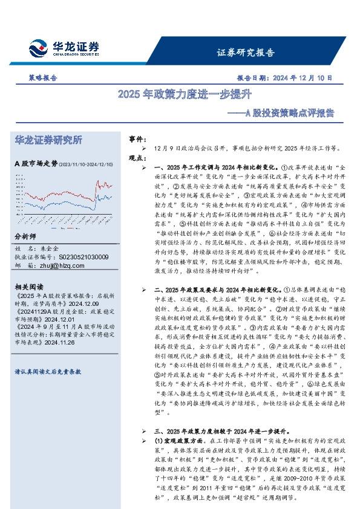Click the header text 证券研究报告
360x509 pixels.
click(246, 52)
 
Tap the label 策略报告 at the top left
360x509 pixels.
click(43, 78)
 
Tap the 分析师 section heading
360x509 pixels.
click(25, 236)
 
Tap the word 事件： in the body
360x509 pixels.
click(139, 139)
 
